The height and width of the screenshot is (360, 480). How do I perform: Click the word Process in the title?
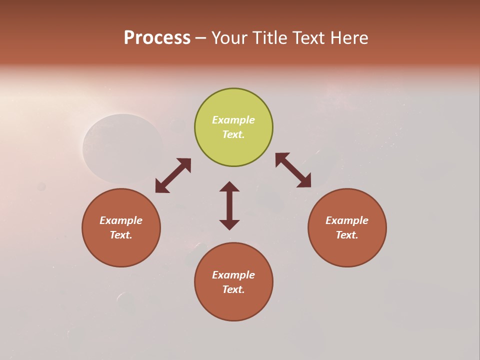tap(157, 38)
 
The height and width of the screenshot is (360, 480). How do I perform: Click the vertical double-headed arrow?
tap(229, 205)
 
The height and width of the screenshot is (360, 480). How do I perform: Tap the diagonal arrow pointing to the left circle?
tap(173, 175)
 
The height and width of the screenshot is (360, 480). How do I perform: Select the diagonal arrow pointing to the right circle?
tap(293, 170)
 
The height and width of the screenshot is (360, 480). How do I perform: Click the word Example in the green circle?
tap(233, 120)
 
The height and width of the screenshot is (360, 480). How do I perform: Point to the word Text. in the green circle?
tap(233, 134)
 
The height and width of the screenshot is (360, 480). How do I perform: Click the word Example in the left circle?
tap(121, 220)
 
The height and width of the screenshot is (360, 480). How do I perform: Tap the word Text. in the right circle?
tap(347, 235)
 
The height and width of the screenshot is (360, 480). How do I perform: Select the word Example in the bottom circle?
tap(233, 275)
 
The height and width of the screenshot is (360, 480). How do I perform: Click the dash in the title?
tap(201, 38)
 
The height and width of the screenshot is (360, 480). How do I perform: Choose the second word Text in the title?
tap(310, 38)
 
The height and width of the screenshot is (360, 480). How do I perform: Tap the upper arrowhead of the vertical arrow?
tap(229, 187)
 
